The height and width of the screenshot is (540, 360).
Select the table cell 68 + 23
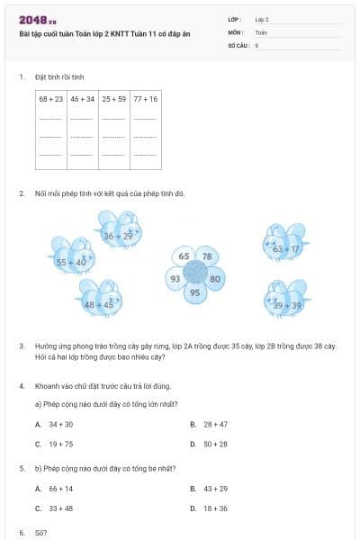(x=51, y=98)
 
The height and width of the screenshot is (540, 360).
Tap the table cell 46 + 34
(x=82, y=98)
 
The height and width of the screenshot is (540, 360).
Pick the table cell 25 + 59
(x=113, y=98)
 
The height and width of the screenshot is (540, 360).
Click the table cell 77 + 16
(x=145, y=98)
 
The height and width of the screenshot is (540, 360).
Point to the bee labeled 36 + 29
(x=118, y=232)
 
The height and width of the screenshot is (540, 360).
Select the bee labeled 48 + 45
(x=100, y=301)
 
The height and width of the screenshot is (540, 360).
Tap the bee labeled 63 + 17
(x=285, y=245)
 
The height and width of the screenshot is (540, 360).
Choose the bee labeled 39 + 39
(x=287, y=301)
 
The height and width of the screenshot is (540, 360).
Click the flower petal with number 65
(x=184, y=256)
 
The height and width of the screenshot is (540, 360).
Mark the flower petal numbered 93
(x=175, y=278)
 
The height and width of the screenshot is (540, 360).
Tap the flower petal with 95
(x=194, y=293)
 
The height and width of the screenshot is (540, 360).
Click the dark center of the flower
(x=195, y=274)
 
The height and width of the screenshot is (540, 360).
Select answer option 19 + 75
(x=60, y=444)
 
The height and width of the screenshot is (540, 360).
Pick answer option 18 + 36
(x=215, y=508)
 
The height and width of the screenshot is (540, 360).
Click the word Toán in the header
(x=261, y=31)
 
